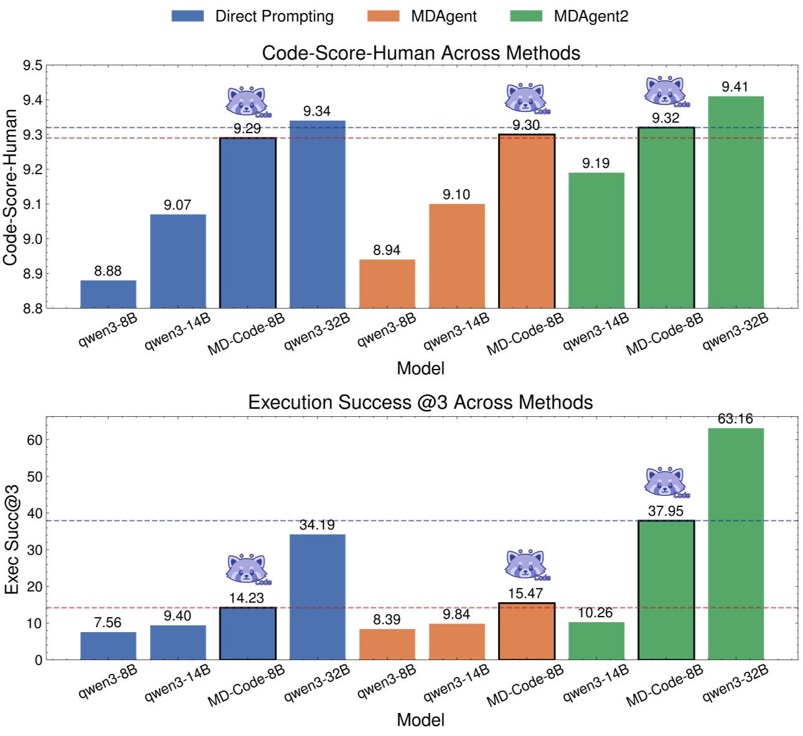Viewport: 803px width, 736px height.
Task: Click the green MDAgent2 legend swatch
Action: tap(526, 16)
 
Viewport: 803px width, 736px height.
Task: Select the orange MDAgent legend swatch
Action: tap(383, 16)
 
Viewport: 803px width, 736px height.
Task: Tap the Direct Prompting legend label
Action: tap(274, 16)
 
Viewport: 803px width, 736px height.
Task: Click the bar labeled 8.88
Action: tap(108, 294)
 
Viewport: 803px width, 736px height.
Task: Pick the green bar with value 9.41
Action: tap(736, 202)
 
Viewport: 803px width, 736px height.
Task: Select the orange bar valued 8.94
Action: tap(387, 284)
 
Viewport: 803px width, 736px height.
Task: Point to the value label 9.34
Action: tap(317, 111)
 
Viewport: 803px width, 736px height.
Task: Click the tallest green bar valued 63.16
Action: tap(736, 544)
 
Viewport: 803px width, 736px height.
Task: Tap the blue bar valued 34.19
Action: tap(317, 597)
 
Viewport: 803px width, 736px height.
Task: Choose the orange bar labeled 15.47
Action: tap(527, 631)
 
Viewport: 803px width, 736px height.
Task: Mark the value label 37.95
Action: tap(665, 511)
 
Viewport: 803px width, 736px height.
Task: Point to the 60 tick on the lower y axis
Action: tap(35, 440)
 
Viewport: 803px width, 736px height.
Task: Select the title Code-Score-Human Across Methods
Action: tap(421, 53)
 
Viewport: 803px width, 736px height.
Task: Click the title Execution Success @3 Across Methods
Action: tap(420, 403)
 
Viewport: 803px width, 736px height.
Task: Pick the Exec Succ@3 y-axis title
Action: tap(12, 540)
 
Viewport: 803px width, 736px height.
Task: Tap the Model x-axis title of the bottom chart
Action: tap(421, 720)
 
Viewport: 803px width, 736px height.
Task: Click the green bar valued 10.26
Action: tap(596, 641)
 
